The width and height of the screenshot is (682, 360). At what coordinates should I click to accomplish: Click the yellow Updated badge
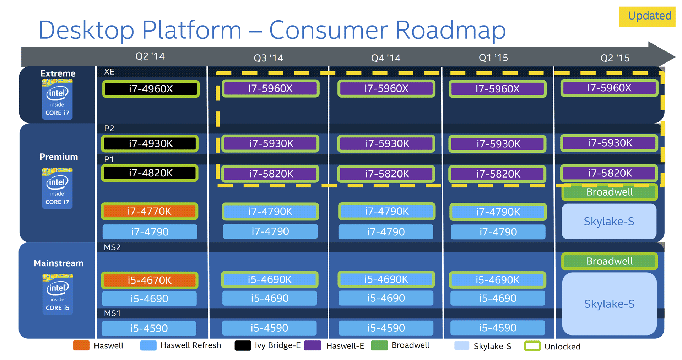pyautogui.click(x=647, y=16)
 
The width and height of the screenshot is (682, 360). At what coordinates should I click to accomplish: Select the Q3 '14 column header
pyautogui.click(x=268, y=58)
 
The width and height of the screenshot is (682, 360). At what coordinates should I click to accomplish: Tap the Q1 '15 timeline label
pyautogui.click(x=493, y=58)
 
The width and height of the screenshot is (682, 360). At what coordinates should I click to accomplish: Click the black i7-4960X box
pyautogui.click(x=151, y=89)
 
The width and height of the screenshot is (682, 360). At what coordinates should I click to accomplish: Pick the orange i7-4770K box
pyautogui.click(x=150, y=212)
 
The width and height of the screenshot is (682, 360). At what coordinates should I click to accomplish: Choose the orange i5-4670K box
pyautogui.click(x=150, y=280)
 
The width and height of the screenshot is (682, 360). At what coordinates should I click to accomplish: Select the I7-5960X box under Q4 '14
pyautogui.click(x=386, y=88)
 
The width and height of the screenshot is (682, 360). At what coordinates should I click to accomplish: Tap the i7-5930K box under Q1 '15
pyautogui.click(x=498, y=144)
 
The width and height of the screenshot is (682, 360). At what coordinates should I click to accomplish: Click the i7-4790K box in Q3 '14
pyautogui.click(x=270, y=212)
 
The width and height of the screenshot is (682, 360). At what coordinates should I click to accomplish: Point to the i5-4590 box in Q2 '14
pyautogui.click(x=149, y=328)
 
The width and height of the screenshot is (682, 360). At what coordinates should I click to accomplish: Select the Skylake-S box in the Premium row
pyautogui.click(x=609, y=222)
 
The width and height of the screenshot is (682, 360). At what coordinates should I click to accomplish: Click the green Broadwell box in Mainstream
pyautogui.click(x=609, y=261)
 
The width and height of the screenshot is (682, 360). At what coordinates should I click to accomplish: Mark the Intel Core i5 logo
pyautogui.click(x=58, y=294)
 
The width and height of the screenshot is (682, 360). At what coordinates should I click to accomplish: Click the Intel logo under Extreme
pyautogui.click(x=57, y=99)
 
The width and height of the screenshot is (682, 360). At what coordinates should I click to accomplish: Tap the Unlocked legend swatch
pyautogui.click(x=532, y=346)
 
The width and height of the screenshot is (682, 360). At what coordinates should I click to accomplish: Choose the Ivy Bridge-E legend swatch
pyautogui.click(x=243, y=346)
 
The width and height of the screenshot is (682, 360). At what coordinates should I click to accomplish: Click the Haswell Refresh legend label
pyautogui.click(x=190, y=345)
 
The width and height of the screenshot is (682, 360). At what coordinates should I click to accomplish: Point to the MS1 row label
pyautogui.click(x=112, y=313)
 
